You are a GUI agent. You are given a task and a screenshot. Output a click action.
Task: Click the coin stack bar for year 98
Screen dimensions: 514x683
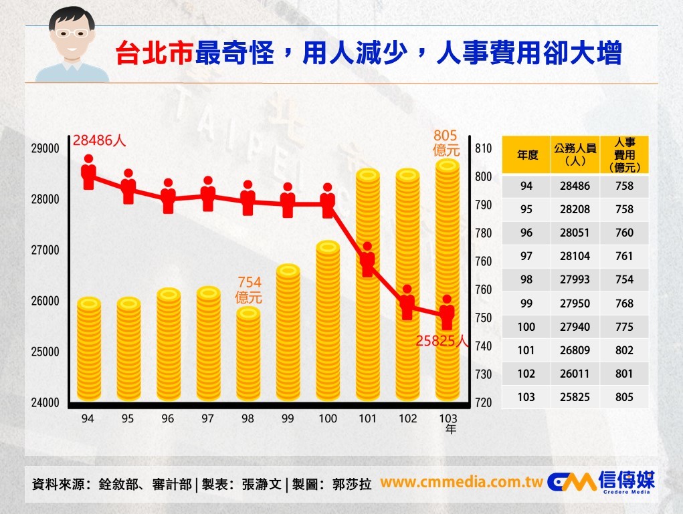pyautogui.click(x=248, y=354)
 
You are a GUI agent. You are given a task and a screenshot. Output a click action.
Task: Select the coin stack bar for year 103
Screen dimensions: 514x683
pyautogui.click(x=447, y=281)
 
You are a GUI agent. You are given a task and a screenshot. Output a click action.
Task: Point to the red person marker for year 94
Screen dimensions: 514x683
pyautogui.click(x=88, y=172)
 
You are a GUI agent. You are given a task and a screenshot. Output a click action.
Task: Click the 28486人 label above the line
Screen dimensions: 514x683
pyautogui.click(x=100, y=140)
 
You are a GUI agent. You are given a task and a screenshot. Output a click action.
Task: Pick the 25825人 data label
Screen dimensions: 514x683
pyautogui.click(x=442, y=341)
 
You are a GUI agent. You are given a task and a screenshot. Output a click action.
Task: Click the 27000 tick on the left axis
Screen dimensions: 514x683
pyautogui.click(x=45, y=250)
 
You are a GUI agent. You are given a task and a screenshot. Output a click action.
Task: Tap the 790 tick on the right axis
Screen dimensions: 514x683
pyautogui.click(x=483, y=205)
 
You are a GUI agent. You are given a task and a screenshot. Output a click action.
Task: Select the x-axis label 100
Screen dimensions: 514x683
pyautogui.click(x=328, y=418)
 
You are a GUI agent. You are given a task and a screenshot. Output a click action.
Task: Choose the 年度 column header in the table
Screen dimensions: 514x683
pyautogui.click(x=527, y=155)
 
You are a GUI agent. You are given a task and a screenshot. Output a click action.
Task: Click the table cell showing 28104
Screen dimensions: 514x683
pyautogui.click(x=575, y=256)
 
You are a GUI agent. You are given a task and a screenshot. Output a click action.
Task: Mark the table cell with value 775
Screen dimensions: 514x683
pyautogui.click(x=624, y=327)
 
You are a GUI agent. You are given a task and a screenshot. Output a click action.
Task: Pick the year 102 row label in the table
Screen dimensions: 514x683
pyautogui.click(x=526, y=374)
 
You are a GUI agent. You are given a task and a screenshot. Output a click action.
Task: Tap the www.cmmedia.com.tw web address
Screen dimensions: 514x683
pyautogui.click(x=461, y=483)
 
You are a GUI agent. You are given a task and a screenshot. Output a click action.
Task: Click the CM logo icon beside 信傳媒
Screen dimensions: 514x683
pyautogui.click(x=571, y=482)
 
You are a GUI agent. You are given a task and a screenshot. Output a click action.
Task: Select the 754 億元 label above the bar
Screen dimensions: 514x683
pyautogui.click(x=248, y=289)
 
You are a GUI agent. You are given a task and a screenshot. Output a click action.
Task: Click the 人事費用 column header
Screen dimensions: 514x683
pyautogui.click(x=624, y=155)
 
